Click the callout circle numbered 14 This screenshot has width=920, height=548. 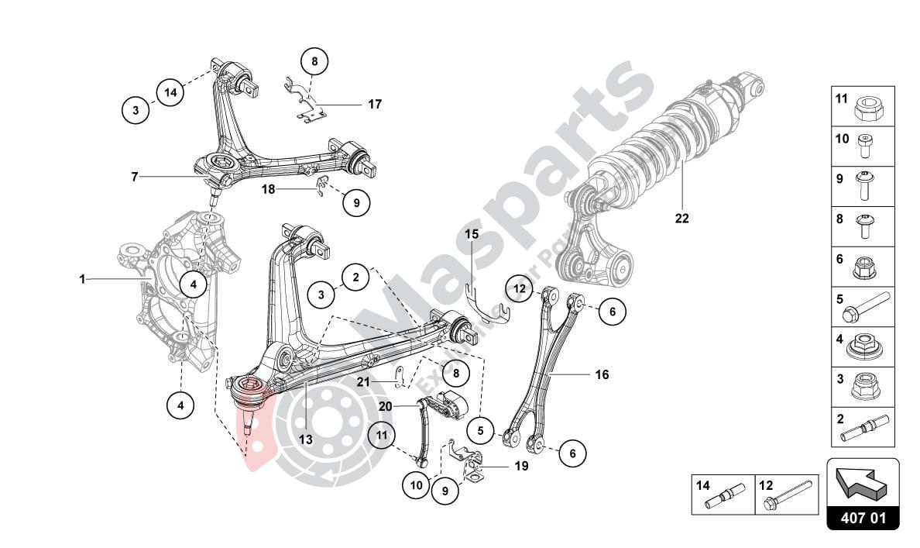pyautogui.click(x=170, y=92)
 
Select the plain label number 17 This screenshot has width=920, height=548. pyautogui.click(x=375, y=104)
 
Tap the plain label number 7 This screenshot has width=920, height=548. pyautogui.click(x=134, y=177)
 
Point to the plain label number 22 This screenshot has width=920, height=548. pyautogui.click(x=681, y=219)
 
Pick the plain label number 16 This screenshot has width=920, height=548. pyautogui.click(x=602, y=375)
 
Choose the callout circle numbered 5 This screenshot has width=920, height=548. pyautogui.click(x=480, y=429)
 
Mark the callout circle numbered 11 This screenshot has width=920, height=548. pyautogui.click(x=381, y=435)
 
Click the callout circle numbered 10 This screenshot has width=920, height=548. pyautogui.click(x=416, y=484)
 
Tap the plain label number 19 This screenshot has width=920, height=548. pyautogui.click(x=520, y=467)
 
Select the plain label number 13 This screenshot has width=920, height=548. pyautogui.click(x=305, y=439)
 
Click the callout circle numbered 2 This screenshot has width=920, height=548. pyautogui.click(x=355, y=276)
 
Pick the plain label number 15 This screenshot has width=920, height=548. pyautogui.click(x=472, y=233)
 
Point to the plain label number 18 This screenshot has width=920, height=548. pyautogui.click(x=268, y=188)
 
